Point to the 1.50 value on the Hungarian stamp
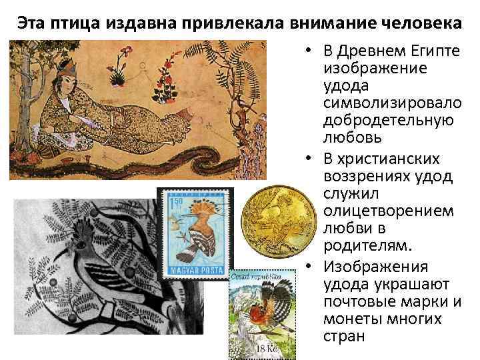click(x=176, y=201)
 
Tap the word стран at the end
click(x=344, y=336)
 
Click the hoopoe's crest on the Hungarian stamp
click(x=212, y=201)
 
